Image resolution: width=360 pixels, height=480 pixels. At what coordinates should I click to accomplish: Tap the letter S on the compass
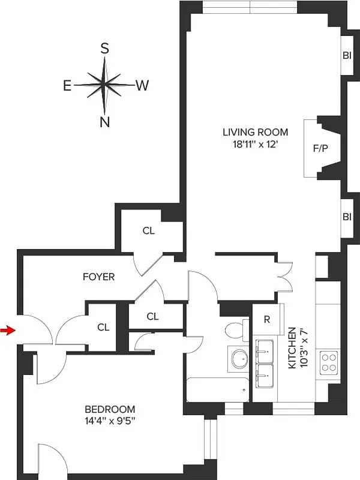point(104,49)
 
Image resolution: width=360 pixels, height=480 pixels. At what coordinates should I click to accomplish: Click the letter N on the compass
point(104,122)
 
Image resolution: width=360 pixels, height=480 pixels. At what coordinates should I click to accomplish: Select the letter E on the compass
point(68,86)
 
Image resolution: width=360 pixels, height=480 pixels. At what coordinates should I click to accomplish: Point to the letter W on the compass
point(142,86)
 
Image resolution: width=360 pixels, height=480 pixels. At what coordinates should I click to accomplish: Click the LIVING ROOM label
point(255,132)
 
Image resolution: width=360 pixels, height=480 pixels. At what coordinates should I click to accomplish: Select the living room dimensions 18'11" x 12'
point(255,144)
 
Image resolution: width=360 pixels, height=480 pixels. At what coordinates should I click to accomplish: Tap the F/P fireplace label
point(321,148)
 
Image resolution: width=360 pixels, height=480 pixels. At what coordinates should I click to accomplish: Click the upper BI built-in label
point(347,55)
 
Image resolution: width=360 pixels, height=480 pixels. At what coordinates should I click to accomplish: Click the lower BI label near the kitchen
point(347,217)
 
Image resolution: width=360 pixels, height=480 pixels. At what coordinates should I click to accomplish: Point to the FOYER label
point(98,277)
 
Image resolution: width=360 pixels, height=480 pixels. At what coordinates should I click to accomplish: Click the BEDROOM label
point(110,409)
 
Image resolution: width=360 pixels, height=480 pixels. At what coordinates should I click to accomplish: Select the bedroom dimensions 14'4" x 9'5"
point(110,421)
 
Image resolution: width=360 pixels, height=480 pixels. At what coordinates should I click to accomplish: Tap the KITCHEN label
point(292,348)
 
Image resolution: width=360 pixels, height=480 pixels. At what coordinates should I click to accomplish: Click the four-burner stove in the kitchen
point(329,362)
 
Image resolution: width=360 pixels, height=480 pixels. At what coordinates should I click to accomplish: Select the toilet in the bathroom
point(235,330)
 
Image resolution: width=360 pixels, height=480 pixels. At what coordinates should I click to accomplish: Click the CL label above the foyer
point(149,230)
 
